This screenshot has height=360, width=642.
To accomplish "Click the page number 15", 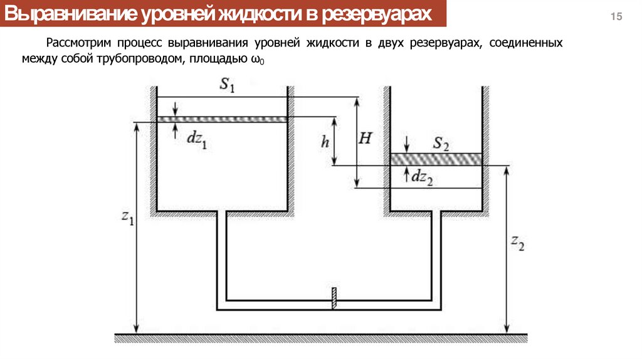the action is coord(617,17).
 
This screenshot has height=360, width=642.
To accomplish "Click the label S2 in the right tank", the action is coord(441,145).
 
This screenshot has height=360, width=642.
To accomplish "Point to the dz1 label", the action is coord(197,139).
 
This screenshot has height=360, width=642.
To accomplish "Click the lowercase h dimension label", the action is coord(325,142).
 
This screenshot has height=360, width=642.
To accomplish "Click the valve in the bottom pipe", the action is coord(335,298).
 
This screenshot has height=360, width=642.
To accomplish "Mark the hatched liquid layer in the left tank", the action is coord(221,119).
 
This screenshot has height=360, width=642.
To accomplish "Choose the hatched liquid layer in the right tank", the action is coord(436,159).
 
